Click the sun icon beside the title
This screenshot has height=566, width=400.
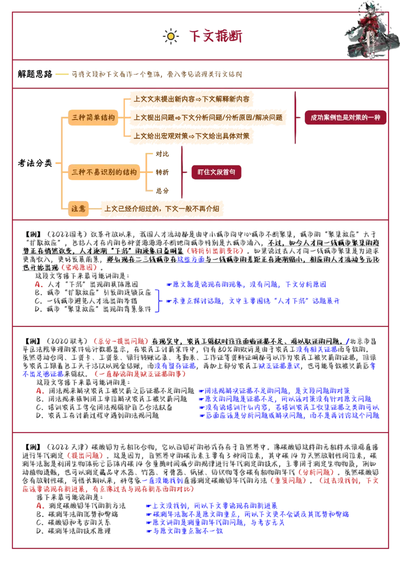tap(170, 36)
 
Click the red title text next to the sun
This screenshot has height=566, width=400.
tap(216, 36)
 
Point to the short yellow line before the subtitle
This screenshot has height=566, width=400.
tap(61, 74)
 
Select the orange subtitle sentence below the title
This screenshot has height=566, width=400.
tap(157, 74)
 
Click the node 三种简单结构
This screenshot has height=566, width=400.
tap(93, 118)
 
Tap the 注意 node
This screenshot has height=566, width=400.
tap(78, 208)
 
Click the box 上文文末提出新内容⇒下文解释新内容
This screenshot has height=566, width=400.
tap(191, 99)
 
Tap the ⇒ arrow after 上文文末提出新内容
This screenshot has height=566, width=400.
tap(198, 99)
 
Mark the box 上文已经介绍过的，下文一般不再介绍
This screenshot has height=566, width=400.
tap(162, 208)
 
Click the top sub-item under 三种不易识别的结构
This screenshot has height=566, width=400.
tap(162, 154)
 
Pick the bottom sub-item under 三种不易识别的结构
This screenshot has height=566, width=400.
tap(162, 190)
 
